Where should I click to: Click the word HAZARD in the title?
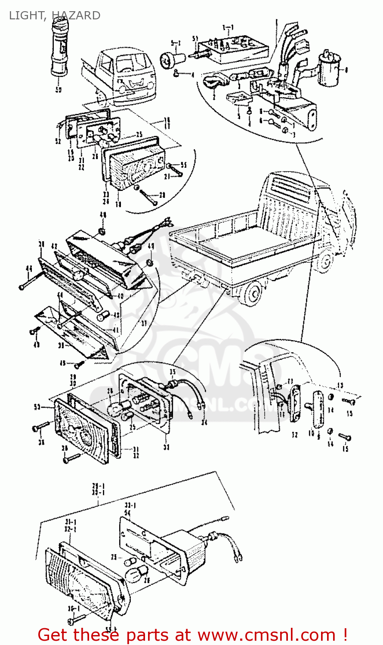click(75, 15)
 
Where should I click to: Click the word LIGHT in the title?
click(27, 15)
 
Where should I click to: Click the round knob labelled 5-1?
click(168, 59)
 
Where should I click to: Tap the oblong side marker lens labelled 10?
click(318, 409)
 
